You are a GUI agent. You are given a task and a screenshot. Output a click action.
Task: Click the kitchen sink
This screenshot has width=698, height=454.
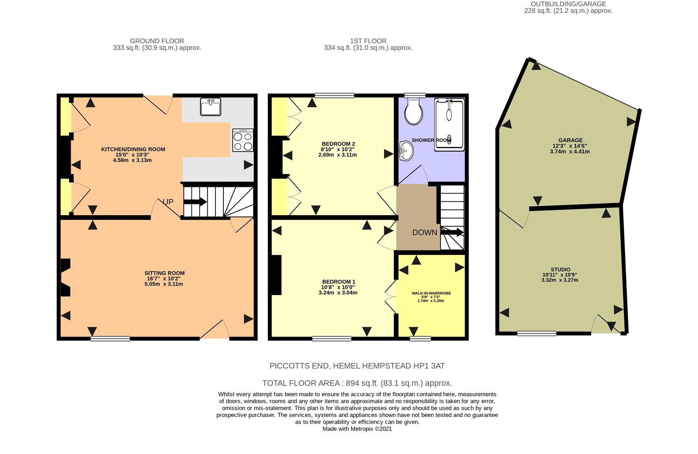211,107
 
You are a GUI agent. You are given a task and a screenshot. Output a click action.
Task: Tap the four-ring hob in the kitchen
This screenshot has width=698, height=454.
243,140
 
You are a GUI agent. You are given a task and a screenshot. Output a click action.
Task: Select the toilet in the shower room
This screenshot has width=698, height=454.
414,111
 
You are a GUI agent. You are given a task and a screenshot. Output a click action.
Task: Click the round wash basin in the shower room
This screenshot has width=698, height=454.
406,151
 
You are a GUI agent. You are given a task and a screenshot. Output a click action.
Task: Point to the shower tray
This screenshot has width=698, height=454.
449,124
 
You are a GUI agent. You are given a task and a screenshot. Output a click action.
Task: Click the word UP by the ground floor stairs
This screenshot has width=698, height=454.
168,202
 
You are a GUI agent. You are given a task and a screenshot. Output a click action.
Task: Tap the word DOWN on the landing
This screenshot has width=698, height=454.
425,232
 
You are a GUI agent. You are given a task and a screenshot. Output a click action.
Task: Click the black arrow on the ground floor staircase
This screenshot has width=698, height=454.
195,202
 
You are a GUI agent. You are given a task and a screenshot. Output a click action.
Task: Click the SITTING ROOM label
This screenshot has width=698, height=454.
165,273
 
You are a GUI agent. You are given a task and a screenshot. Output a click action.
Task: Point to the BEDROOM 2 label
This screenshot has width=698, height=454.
338,144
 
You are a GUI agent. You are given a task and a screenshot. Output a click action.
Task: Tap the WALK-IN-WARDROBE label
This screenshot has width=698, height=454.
431,293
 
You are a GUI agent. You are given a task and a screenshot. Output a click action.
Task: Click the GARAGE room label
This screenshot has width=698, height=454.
571,140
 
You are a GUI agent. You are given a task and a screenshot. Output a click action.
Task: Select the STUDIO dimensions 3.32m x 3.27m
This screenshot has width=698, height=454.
560,280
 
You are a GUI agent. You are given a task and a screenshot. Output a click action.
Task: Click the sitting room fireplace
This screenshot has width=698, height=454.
66,277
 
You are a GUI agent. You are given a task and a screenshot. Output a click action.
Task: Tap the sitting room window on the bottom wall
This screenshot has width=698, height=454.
110,339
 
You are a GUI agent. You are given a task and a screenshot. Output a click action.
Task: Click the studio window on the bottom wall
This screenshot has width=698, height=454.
536,333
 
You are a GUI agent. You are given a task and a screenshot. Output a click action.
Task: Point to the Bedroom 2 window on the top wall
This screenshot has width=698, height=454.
334,95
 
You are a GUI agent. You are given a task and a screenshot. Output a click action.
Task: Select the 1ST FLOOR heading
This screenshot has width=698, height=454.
368,41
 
